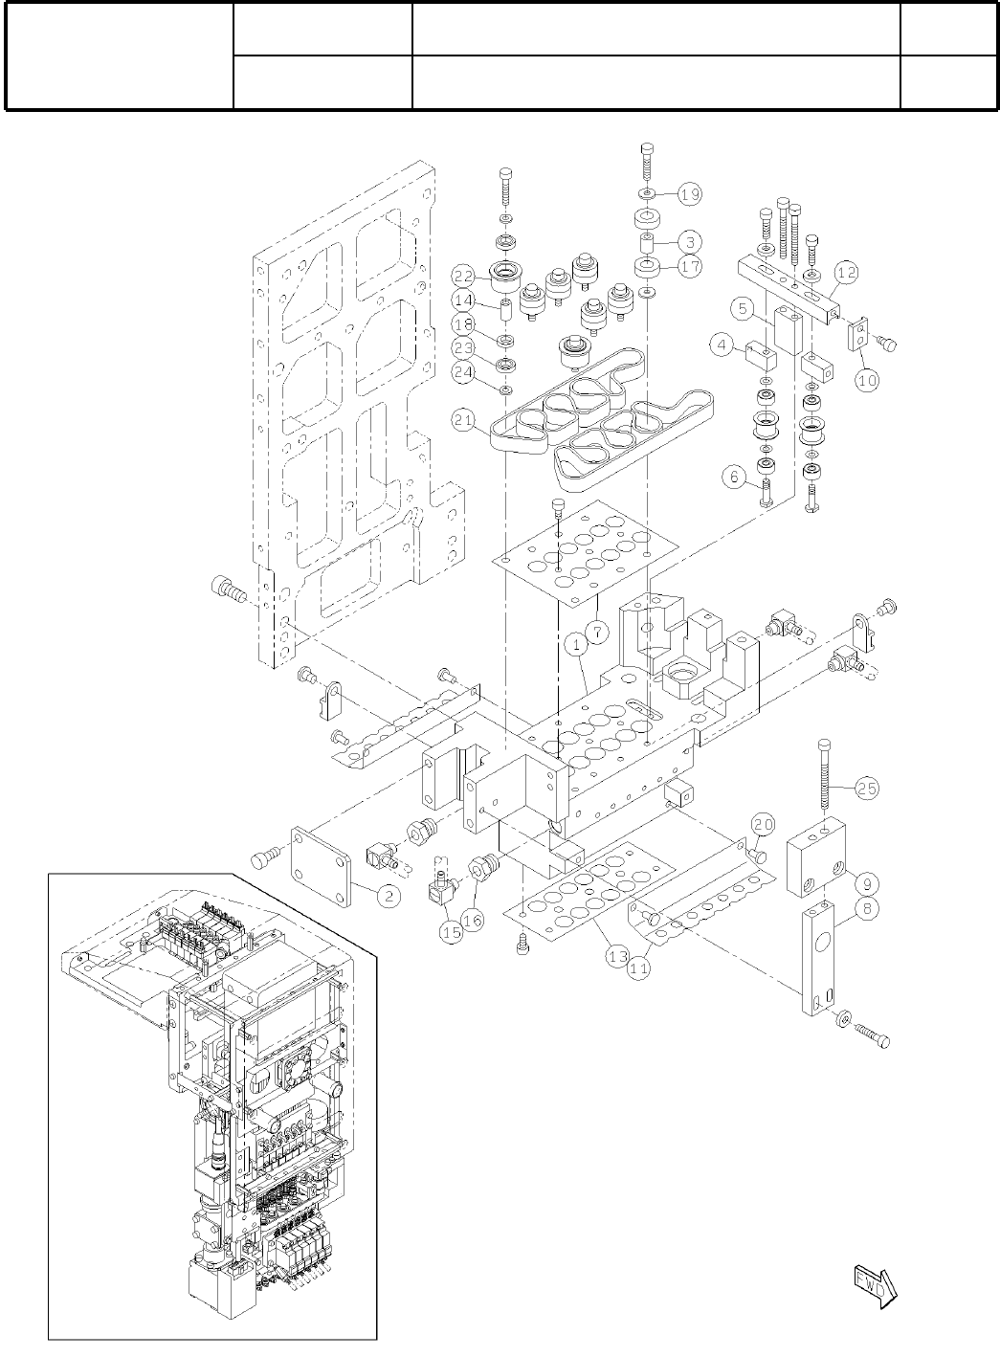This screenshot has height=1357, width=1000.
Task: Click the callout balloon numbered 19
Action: coord(691,194)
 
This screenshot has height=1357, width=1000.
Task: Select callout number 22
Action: coord(464,277)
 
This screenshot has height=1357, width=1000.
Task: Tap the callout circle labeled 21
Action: coord(464,418)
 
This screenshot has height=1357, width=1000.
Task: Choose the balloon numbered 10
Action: coord(867,380)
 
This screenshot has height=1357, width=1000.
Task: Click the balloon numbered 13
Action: coord(614,955)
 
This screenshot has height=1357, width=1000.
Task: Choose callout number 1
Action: coord(578,646)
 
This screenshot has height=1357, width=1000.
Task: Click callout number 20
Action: coord(763,824)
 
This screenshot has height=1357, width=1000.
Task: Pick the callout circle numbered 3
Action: coord(691,241)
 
